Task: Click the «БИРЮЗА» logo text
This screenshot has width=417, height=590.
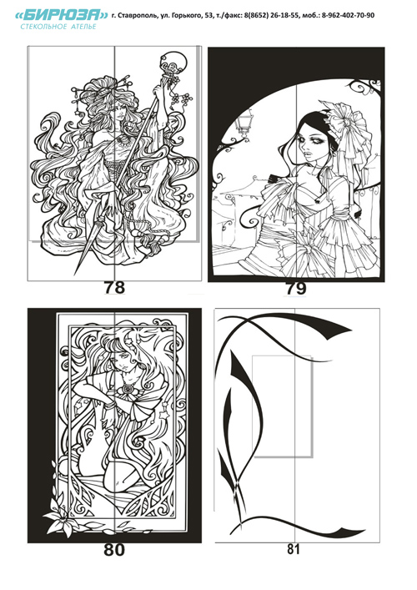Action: (62, 15)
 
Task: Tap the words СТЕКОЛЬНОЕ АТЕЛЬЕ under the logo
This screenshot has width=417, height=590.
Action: (58, 27)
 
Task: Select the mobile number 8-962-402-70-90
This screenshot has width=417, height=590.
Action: (348, 15)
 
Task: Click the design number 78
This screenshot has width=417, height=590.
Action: (114, 288)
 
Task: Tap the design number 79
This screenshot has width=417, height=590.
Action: (296, 289)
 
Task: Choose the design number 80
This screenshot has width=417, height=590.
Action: (114, 551)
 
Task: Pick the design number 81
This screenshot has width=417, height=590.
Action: (294, 549)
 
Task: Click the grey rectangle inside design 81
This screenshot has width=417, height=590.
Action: (283, 406)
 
